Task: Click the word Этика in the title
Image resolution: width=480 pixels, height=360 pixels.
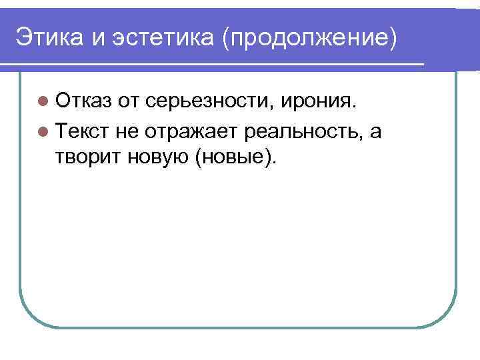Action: pos(49,36)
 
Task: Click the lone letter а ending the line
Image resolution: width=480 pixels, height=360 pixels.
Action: pos(376,132)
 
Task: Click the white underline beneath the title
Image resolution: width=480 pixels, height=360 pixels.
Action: pos(213,65)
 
